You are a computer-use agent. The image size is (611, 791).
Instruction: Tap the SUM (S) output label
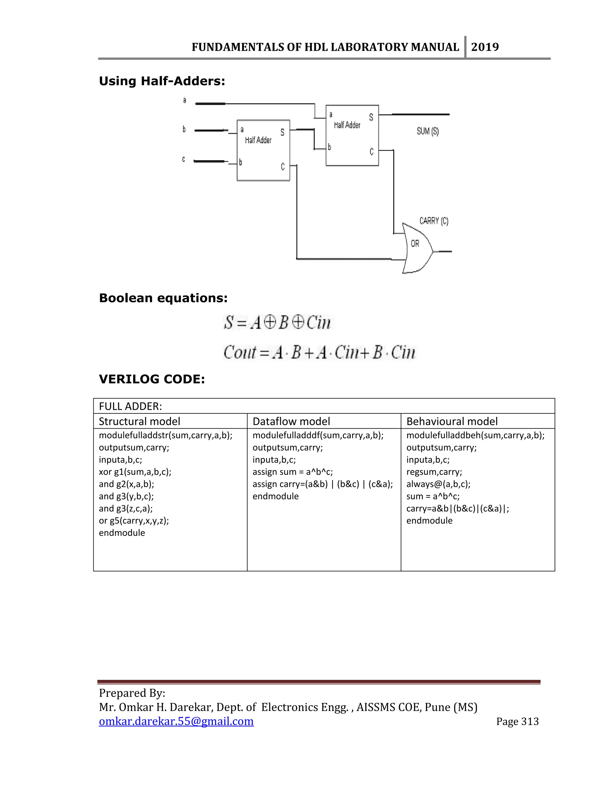pyautogui.click(x=428, y=131)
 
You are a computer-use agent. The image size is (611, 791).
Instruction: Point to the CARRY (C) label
pyautogui.click(x=433, y=221)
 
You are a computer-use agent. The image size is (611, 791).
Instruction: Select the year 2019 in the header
pyautogui.click(x=485, y=47)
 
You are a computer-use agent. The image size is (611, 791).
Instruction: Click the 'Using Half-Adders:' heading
pyautogui.click(x=162, y=81)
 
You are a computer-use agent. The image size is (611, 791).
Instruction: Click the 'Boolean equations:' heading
pyautogui.click(x=163, y=298)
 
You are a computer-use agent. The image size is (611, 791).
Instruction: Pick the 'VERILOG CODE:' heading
pyautogui.click(x=152, y=379)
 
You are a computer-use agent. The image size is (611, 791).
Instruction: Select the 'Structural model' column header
pyautogui.click(x=139, y=421)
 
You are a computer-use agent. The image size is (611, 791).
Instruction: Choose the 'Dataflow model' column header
pyautogui.click(x=291, y=421)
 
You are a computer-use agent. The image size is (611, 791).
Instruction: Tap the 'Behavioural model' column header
pyautogui.click(x=452, y=421)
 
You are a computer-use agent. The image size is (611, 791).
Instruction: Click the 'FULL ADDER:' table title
pyautogui.click(x=130, y=406)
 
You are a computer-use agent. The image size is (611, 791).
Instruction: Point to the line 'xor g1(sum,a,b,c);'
pyautogui.click(x=135, y=472)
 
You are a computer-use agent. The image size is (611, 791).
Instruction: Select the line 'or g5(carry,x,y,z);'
pyautogui.click(x=134, y=521)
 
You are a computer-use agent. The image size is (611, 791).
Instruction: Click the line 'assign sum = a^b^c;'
pyautogui.click(x=292, y=472)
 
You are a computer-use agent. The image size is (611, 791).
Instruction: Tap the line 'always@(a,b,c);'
pyautogui.click(x=438, y=484)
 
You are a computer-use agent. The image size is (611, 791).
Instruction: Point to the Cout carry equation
pyautogui.click(x=319, y=353)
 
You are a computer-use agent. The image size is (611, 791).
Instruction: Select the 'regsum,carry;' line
pyautogui.click(x=434, y=472)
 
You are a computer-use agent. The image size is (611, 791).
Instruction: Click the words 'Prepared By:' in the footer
pyautogui.click(x=132, y=693)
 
